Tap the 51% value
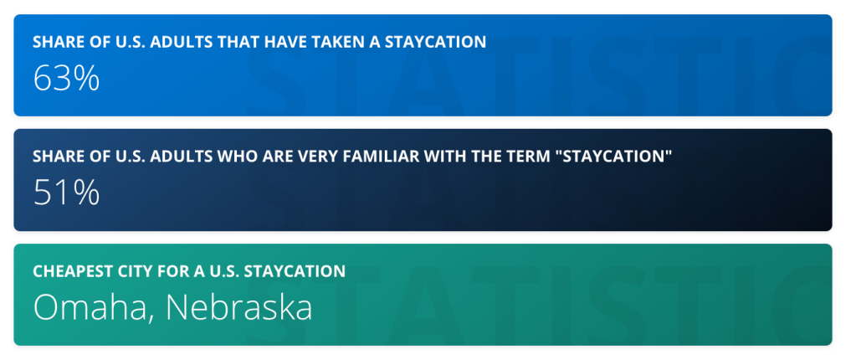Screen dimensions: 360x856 point(66,193)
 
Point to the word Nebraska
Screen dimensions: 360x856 point(238,307)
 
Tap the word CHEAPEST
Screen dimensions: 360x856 point(70,271)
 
